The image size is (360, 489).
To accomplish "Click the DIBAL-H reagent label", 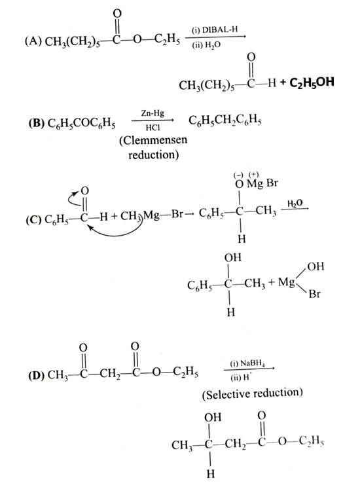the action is point(220,30).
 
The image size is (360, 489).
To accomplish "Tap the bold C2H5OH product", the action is point(311,82).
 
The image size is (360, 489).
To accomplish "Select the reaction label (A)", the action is point(33,41).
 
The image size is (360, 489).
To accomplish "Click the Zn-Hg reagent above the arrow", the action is point(153,113).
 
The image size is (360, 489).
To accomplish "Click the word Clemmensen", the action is point(153,140).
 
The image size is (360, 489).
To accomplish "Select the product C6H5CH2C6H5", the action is point(225,120).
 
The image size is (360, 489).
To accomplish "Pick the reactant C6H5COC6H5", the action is point(81,124).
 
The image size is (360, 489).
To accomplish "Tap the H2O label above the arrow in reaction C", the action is point(295,204).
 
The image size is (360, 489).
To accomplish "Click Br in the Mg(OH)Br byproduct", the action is point(314,294).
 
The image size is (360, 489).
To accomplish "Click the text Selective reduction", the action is point(253,393).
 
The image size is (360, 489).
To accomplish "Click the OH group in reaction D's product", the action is point(213,417).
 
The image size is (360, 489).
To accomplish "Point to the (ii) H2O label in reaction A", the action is point(206,46).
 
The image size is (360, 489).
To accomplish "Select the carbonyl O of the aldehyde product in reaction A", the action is point(251,57).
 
